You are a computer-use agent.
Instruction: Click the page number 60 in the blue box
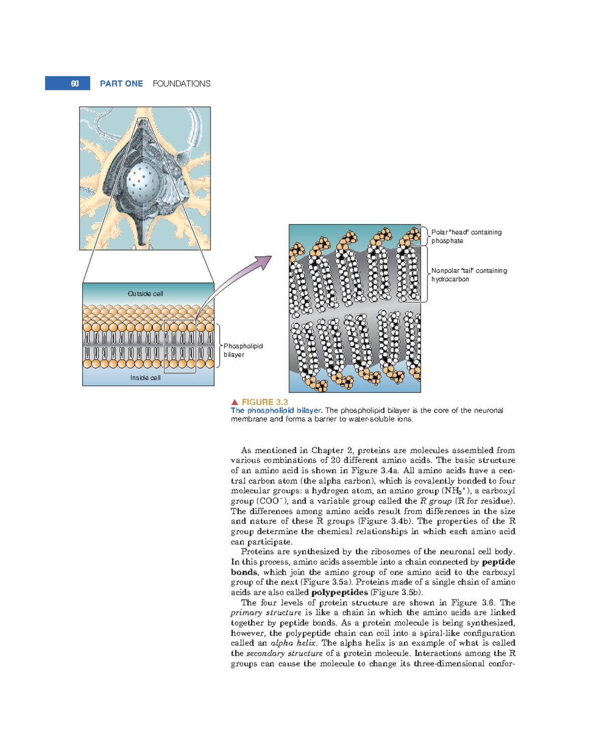(x=74, y=84)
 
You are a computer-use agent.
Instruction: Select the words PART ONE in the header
(x=121, y=84)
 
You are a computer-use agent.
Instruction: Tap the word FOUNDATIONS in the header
(x=182, y=84)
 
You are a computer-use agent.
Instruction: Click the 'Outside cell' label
(x=145, y=294)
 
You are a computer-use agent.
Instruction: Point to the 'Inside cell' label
(x=145, y=378)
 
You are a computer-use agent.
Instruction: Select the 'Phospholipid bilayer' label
(x=243, y=350)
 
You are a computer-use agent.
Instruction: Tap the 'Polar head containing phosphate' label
(x=466, y=237)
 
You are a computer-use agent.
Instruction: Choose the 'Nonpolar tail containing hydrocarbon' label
(x=469, y=275)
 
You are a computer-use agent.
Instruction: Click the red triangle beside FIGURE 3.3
(x=234, y=402)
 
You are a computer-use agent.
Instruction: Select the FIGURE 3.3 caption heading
(x=265, y=402)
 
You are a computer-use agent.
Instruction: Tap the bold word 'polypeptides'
(x=340, y=593)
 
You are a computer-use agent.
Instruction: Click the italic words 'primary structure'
(x=266, y=613)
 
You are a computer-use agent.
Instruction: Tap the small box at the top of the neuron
(x=143, y=123)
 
